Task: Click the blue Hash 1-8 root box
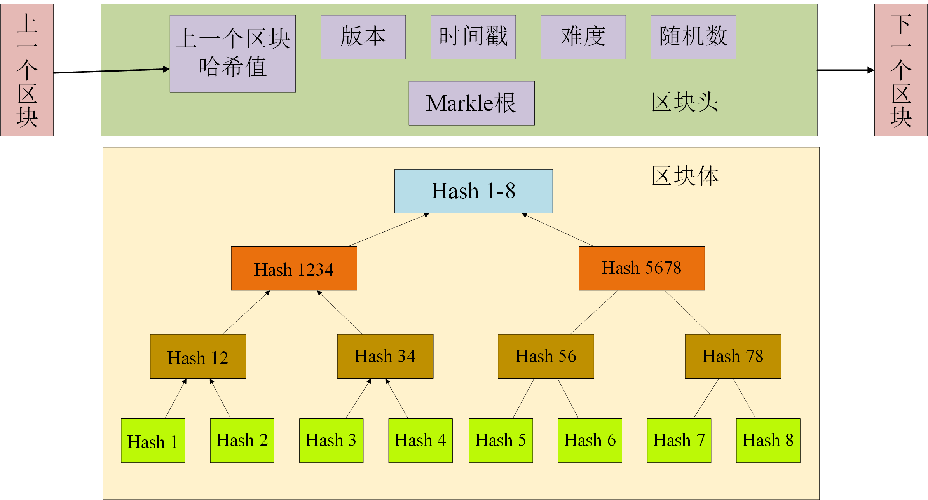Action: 473,191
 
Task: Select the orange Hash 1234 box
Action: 294,268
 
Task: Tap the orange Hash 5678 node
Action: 641,268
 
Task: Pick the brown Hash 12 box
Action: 198,357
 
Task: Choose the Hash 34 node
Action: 385,357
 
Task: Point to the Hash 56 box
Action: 546,357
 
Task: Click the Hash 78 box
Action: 733,357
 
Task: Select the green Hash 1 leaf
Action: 153,441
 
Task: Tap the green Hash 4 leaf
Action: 420,441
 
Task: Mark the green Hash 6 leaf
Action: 590,441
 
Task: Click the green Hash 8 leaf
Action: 768,441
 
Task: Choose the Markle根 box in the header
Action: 471,103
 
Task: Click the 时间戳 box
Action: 473,37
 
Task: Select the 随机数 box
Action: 693,37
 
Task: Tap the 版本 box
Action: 363,37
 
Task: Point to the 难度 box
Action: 583,37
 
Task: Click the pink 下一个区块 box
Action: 900,70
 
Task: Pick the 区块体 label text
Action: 685,176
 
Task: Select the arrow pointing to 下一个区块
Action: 845,70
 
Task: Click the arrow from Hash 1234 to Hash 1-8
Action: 389,230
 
